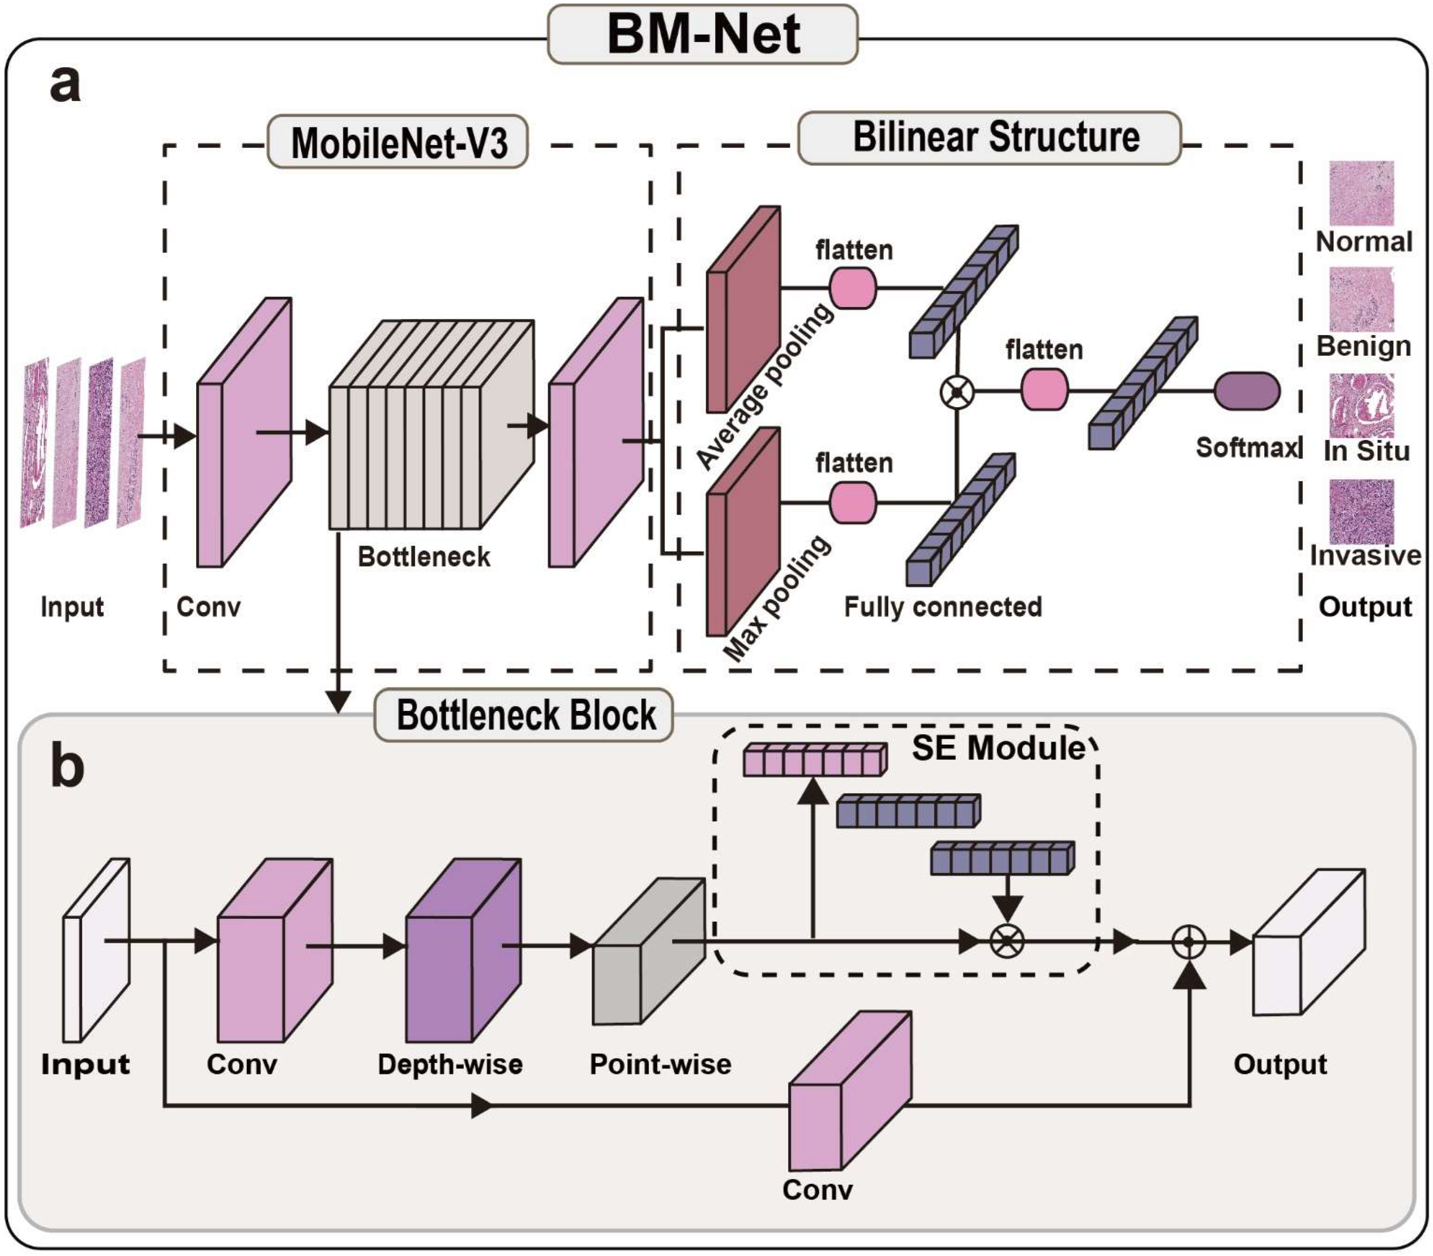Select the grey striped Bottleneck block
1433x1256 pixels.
[431, 424]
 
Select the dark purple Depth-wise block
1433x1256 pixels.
[463, 950]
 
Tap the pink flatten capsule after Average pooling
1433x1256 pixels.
[852, 288]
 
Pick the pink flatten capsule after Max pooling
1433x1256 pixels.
[852, 502]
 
